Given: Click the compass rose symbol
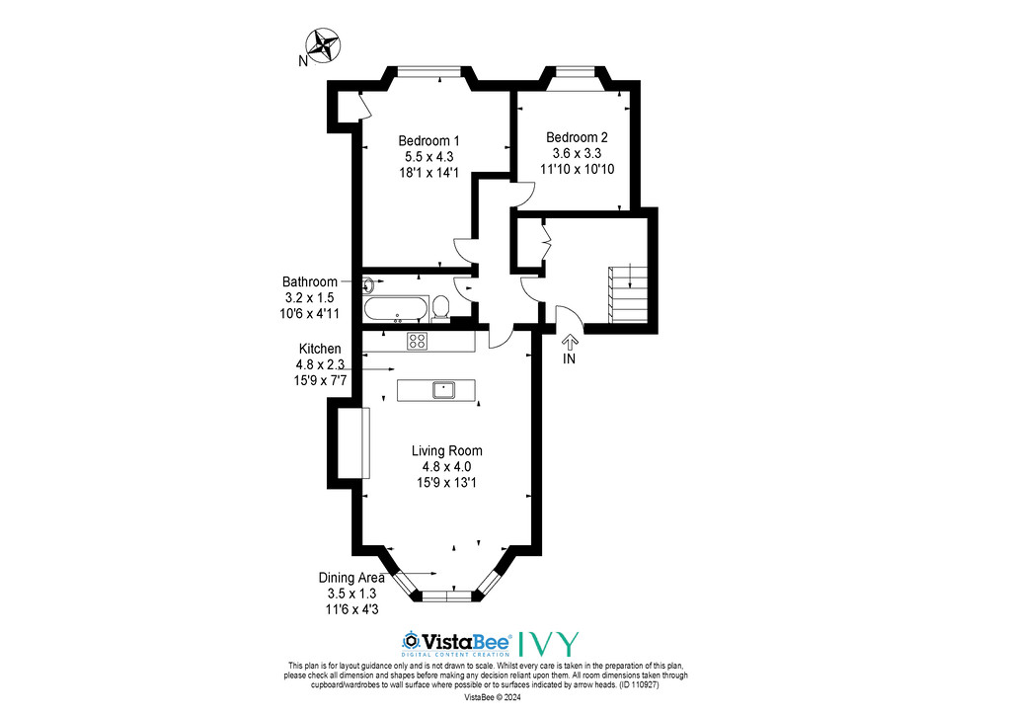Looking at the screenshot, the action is tap(324, 45).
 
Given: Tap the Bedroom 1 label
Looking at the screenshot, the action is tap(428, 140).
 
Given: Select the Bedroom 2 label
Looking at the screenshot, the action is tap(577, 137).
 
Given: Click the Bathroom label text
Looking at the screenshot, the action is tap(309, 281).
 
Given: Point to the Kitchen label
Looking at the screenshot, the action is tap(320, 349).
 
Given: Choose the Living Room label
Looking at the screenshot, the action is tap(447, 450).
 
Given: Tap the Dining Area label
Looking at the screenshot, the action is tap(351, 578).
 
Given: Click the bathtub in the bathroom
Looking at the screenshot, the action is tap(396, 309).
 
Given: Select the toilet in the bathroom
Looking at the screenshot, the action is tap(441, 307).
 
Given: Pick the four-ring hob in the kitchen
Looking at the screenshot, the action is tap(418, 341).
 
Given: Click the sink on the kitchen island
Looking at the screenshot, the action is tap(443, 390).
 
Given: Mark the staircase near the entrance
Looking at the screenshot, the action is tap(627, 294).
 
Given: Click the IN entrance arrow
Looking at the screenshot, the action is tap(570, 341).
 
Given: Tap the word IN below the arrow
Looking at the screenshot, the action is tap(569, 359).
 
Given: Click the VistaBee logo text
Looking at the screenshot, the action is tap(457, 642).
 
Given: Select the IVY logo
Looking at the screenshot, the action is tap(549, 644).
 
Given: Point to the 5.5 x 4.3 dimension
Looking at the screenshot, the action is tap(428, 157).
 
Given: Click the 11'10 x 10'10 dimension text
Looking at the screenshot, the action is tap(577, 169).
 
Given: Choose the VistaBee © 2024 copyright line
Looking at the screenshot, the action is tap(493, 697).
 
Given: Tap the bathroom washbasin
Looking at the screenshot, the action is tap(369, 283).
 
